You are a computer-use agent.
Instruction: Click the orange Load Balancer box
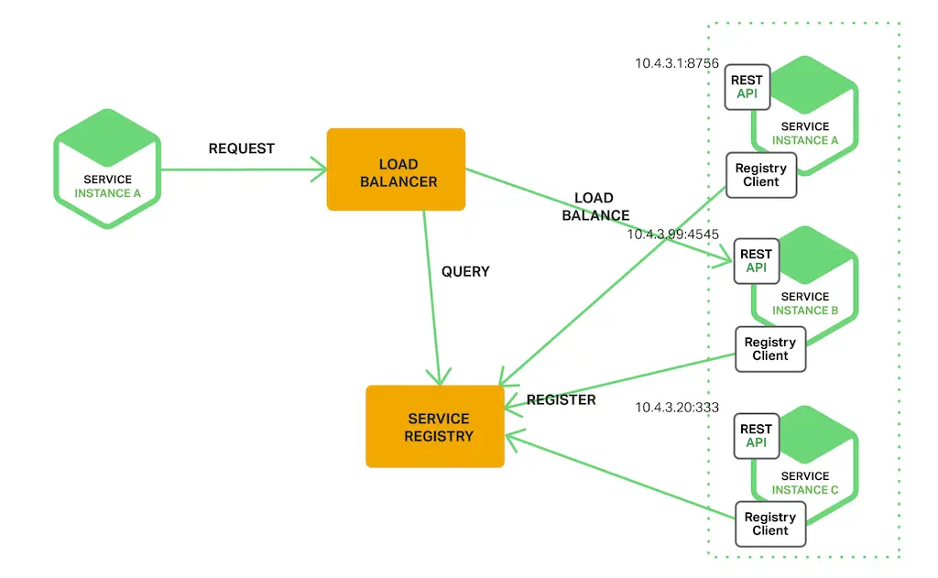coord(396,169)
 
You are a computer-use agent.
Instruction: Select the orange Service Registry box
coord(435,427)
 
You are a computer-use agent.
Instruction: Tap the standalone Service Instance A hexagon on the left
coord(107,169)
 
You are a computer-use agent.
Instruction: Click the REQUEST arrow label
coord(242,148)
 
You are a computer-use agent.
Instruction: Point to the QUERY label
coord(465,271)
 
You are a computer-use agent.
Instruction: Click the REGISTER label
coord(561,399)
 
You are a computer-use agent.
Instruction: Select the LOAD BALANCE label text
coord(594,207)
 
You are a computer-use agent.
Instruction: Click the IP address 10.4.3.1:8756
coord(677,63)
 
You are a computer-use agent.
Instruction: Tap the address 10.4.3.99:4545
coord(672,234)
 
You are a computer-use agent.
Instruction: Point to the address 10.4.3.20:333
coord(677,407)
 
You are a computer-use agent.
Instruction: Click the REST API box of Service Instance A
coord(747,87)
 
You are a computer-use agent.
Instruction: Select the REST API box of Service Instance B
coord(756,261)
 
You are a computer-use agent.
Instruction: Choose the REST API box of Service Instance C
coord(756,436)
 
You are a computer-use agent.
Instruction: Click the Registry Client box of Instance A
coord(760,175)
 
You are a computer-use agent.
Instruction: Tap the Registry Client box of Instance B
coord(770,349)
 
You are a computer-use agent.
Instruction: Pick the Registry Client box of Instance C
coord(770,524)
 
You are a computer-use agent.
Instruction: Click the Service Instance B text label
coord(804,303)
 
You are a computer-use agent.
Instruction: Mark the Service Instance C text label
coord(804,483)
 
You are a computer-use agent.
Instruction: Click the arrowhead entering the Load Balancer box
coord(321,169)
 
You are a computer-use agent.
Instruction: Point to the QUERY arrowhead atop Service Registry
coord(442,377)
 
